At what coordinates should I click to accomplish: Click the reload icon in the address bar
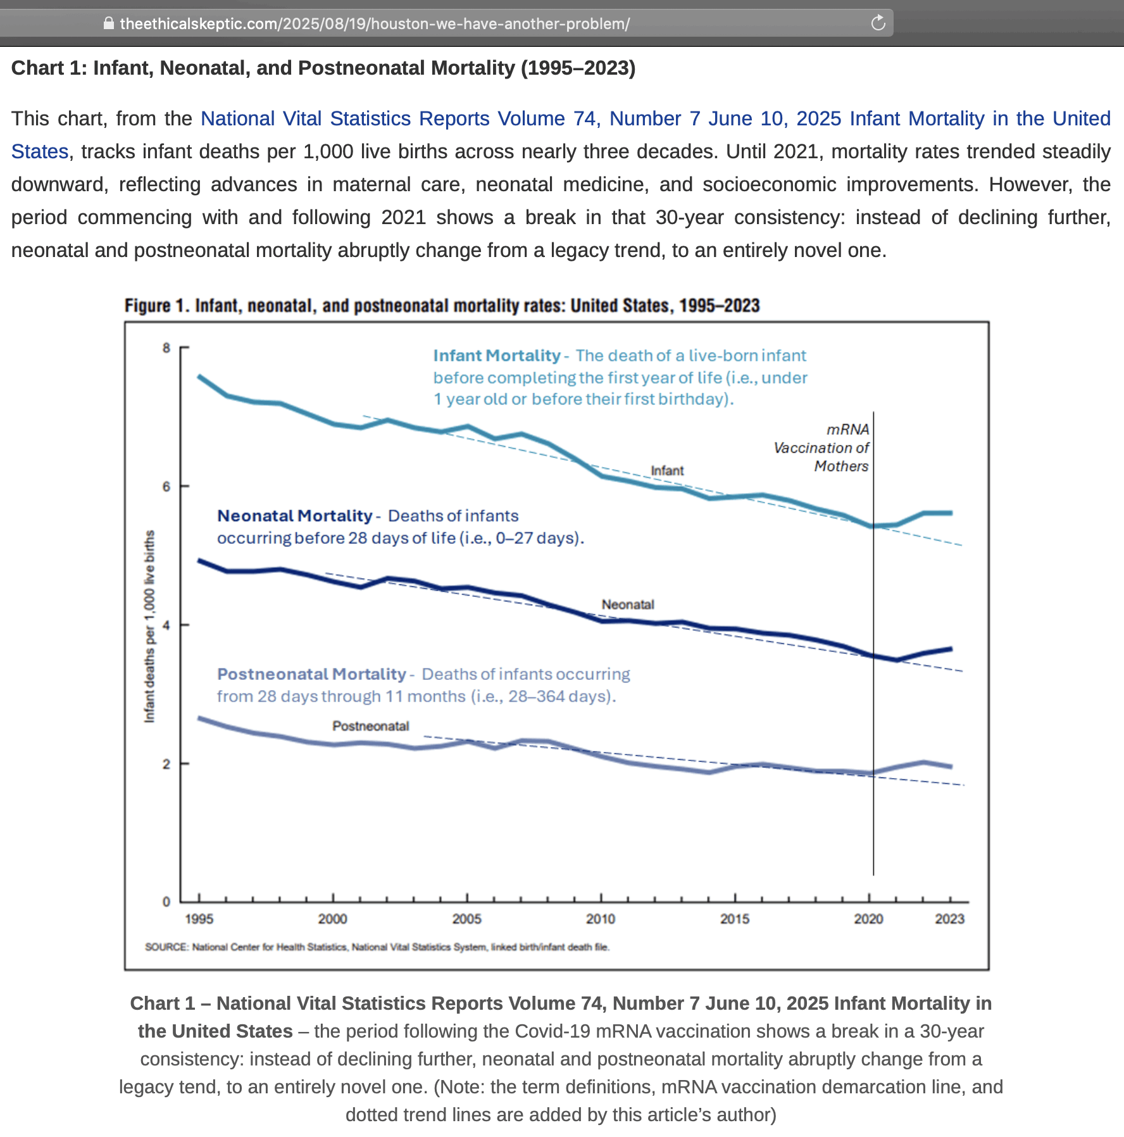[878, 23]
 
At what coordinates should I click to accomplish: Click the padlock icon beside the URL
[109, 23]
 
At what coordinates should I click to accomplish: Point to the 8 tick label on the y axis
[166, 348]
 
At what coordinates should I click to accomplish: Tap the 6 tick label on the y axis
[166, 486]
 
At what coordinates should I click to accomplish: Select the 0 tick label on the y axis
[166, 901]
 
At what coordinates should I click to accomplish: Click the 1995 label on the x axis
[199, 919]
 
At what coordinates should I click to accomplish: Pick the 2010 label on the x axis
[601, 919]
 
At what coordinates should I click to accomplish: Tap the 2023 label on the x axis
[949, 919]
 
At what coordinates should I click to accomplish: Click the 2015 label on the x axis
[735, 919]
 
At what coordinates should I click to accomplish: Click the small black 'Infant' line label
[667, 470]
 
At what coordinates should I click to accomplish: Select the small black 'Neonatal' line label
[627, 605]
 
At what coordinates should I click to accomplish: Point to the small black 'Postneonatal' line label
[370, 726]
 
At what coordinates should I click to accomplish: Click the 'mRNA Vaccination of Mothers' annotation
[822, 448]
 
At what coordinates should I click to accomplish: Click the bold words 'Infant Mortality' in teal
[497, 356]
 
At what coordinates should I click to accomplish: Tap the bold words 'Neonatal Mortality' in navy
[295, 516]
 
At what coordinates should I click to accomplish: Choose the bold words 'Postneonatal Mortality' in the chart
[311, 674]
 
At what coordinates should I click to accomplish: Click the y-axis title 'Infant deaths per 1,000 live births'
[149, 627]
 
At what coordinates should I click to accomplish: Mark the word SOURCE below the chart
[166, 947]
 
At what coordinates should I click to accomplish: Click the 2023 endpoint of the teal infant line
[951, 513]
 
